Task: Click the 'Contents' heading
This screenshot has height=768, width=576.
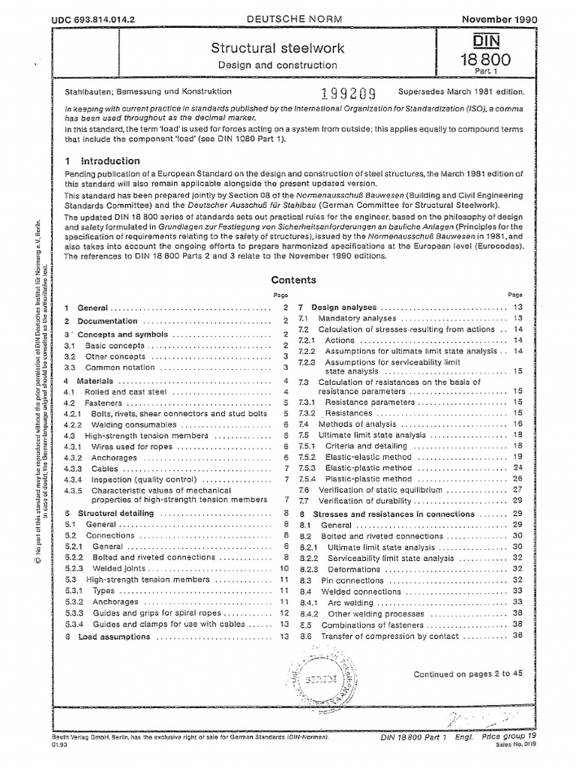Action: (x=293, y=280)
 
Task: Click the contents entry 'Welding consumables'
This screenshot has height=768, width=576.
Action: (x=124, y=424)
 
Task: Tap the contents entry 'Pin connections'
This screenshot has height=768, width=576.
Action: (x=352, y=580)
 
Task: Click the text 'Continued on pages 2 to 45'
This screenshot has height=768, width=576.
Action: (x=468, y=673)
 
